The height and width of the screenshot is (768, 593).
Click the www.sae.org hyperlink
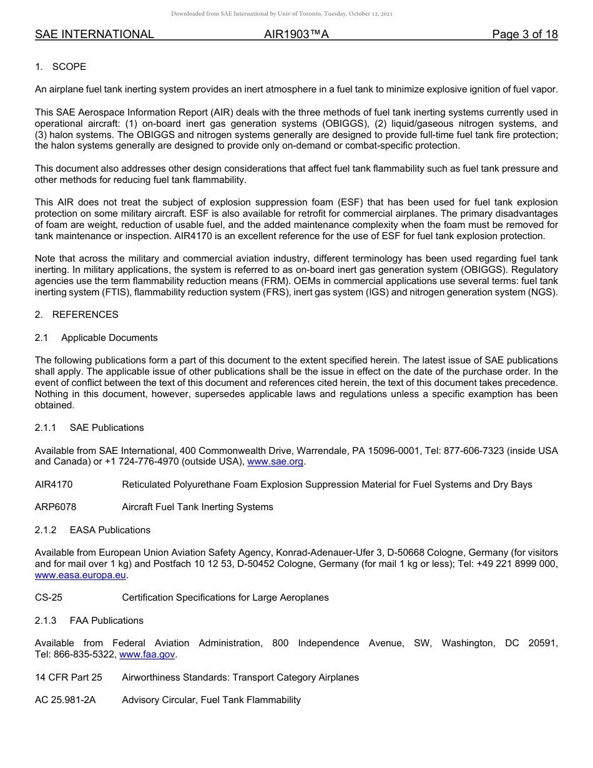pyautogui.click(x=275, y=462)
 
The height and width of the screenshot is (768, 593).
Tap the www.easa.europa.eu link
pyautogui.click(x=81, y=575)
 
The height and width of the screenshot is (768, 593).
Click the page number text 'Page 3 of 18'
pyautogui.click(x=524, y=35)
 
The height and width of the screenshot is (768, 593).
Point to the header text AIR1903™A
pyautogui.click(x=296, y=35)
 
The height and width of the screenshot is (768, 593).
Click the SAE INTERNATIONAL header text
pyautogui.click(x=94, y=35)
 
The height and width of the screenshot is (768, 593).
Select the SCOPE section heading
pyautogui.click(x=69, y=67)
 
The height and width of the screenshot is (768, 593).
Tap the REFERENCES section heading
pyautogui.click(x=85, y=315)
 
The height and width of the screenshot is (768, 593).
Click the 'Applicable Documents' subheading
pyautogui.click(x=109, y=338)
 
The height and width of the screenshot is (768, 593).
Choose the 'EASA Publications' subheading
pyautogui.click(x=110, y=530)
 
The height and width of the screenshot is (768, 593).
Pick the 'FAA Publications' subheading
pyautogui.click(x=107, y=621)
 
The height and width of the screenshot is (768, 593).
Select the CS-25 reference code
pyautogui.click(x=49, y=598)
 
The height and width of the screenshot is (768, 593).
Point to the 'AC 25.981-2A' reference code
pyautogui.click(x=66, y=700)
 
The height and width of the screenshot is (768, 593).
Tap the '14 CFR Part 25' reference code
pyautogui.click(x=69, y=677)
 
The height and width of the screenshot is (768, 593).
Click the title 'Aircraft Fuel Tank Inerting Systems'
pyautogui.click(x=197, y=507)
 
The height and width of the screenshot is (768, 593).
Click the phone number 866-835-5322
pyautogui.click(x=89, y=654)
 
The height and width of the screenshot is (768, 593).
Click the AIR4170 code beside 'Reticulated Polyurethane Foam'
pyautogui.click(x=54, y=485)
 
